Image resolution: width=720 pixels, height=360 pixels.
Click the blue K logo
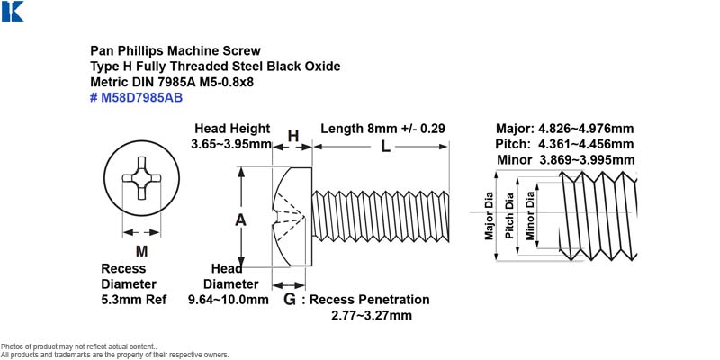click(x=13, y=11)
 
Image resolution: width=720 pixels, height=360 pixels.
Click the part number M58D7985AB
click(x=141, y=98)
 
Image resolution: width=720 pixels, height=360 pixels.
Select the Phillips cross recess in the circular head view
click(x=141, y=178)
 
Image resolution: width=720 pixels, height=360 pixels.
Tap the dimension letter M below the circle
click(x=142, y=251)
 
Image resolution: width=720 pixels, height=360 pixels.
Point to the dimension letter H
click(x=293, y=136)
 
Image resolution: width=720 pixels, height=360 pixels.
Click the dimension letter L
click(x=386, y=147)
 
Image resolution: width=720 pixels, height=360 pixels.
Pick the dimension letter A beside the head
click(x=240, y=220)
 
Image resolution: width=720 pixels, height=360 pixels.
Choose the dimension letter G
click(x=289, y=300)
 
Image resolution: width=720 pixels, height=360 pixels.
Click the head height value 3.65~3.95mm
click(x=231, y=144)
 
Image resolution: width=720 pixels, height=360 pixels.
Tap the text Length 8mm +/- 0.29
click(x=383, y=129)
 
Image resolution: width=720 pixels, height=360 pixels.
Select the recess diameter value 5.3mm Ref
click(x=133, y=300)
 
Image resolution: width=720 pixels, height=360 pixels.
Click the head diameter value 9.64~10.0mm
click(x=229, y=300)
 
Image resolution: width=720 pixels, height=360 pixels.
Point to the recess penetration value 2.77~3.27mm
click(x=372, y=316)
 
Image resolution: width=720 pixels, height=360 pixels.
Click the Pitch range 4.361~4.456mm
click(x=586, y=144)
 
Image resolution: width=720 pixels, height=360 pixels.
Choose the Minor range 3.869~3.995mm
click(x=587, y=160)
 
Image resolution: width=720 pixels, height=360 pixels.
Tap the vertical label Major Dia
click(x=489, y=216)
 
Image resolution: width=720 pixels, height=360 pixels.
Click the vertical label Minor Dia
click(x=530, y=216)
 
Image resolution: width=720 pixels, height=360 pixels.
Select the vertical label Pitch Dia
click(x=509, y=216)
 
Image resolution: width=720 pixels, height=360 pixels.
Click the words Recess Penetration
click(x=370, y=300)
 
